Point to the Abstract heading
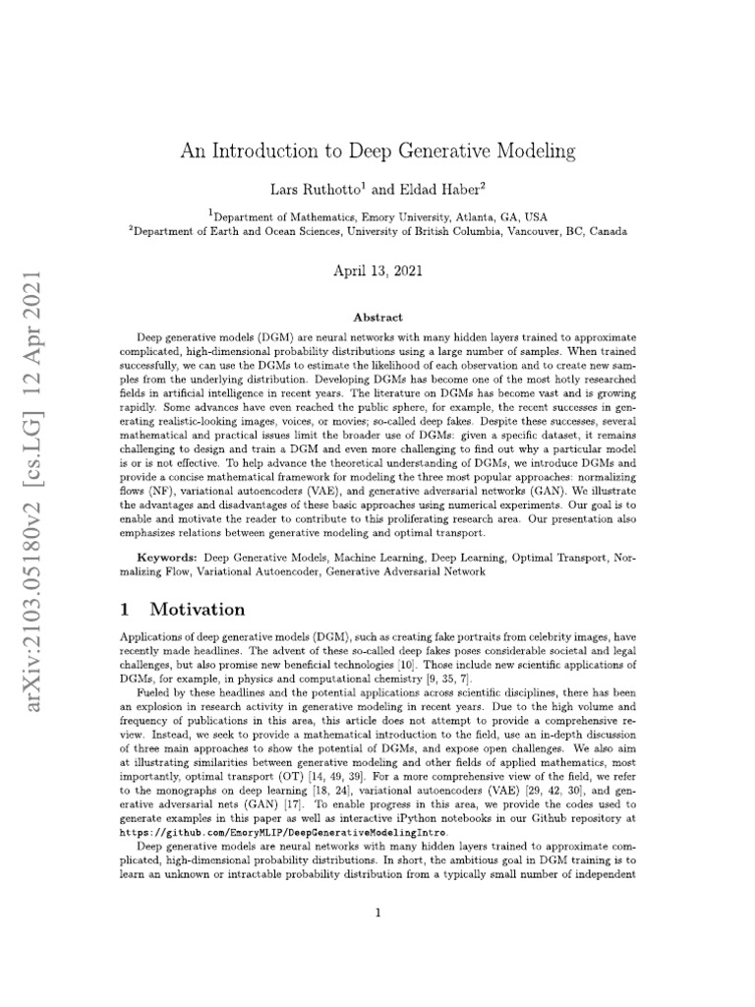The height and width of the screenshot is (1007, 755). point(377,318)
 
